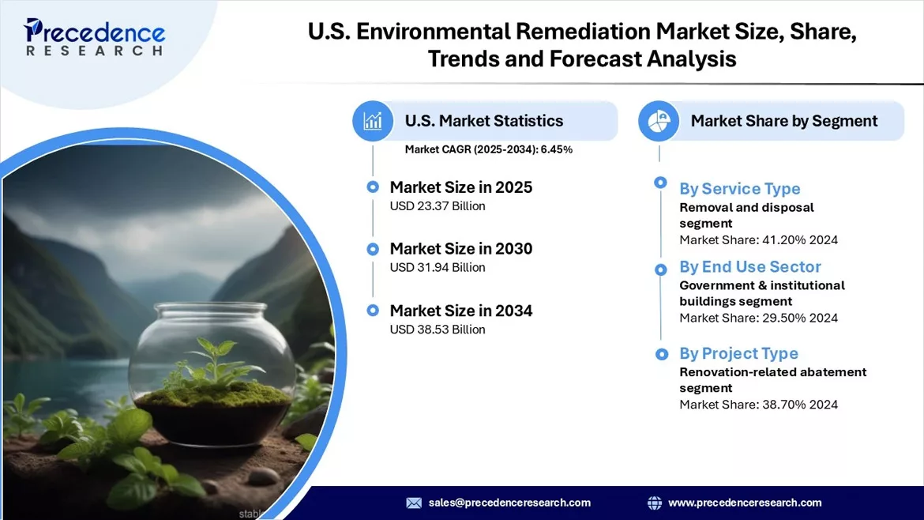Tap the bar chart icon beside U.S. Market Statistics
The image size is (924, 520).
(x=373, y=121)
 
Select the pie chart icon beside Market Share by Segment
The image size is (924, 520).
(x=659, y=121)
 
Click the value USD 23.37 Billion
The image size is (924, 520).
(x=438, y=206)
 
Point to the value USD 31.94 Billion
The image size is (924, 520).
(x=438, y=268)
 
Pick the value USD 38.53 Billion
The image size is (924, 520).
(x=438, y=330)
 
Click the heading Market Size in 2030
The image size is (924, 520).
(x=461, y=249)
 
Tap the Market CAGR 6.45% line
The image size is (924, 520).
(x=489, y=149)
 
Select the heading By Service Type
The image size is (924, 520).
(x=740, y=189)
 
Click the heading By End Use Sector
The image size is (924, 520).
(x=750, y=267)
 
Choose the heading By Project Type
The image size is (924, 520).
(x=738, y=353)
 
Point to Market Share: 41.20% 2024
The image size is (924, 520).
(x=758, y=240)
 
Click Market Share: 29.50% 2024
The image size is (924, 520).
(x=758, y=318)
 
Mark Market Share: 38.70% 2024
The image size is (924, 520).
(x=758, y=405)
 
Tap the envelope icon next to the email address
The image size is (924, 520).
(x=414, y=503)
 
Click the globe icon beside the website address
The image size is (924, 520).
(x=654, y=503)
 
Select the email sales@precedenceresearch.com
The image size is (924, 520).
(x=509, y=503)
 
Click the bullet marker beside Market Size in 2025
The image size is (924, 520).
(x=373, y=187)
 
